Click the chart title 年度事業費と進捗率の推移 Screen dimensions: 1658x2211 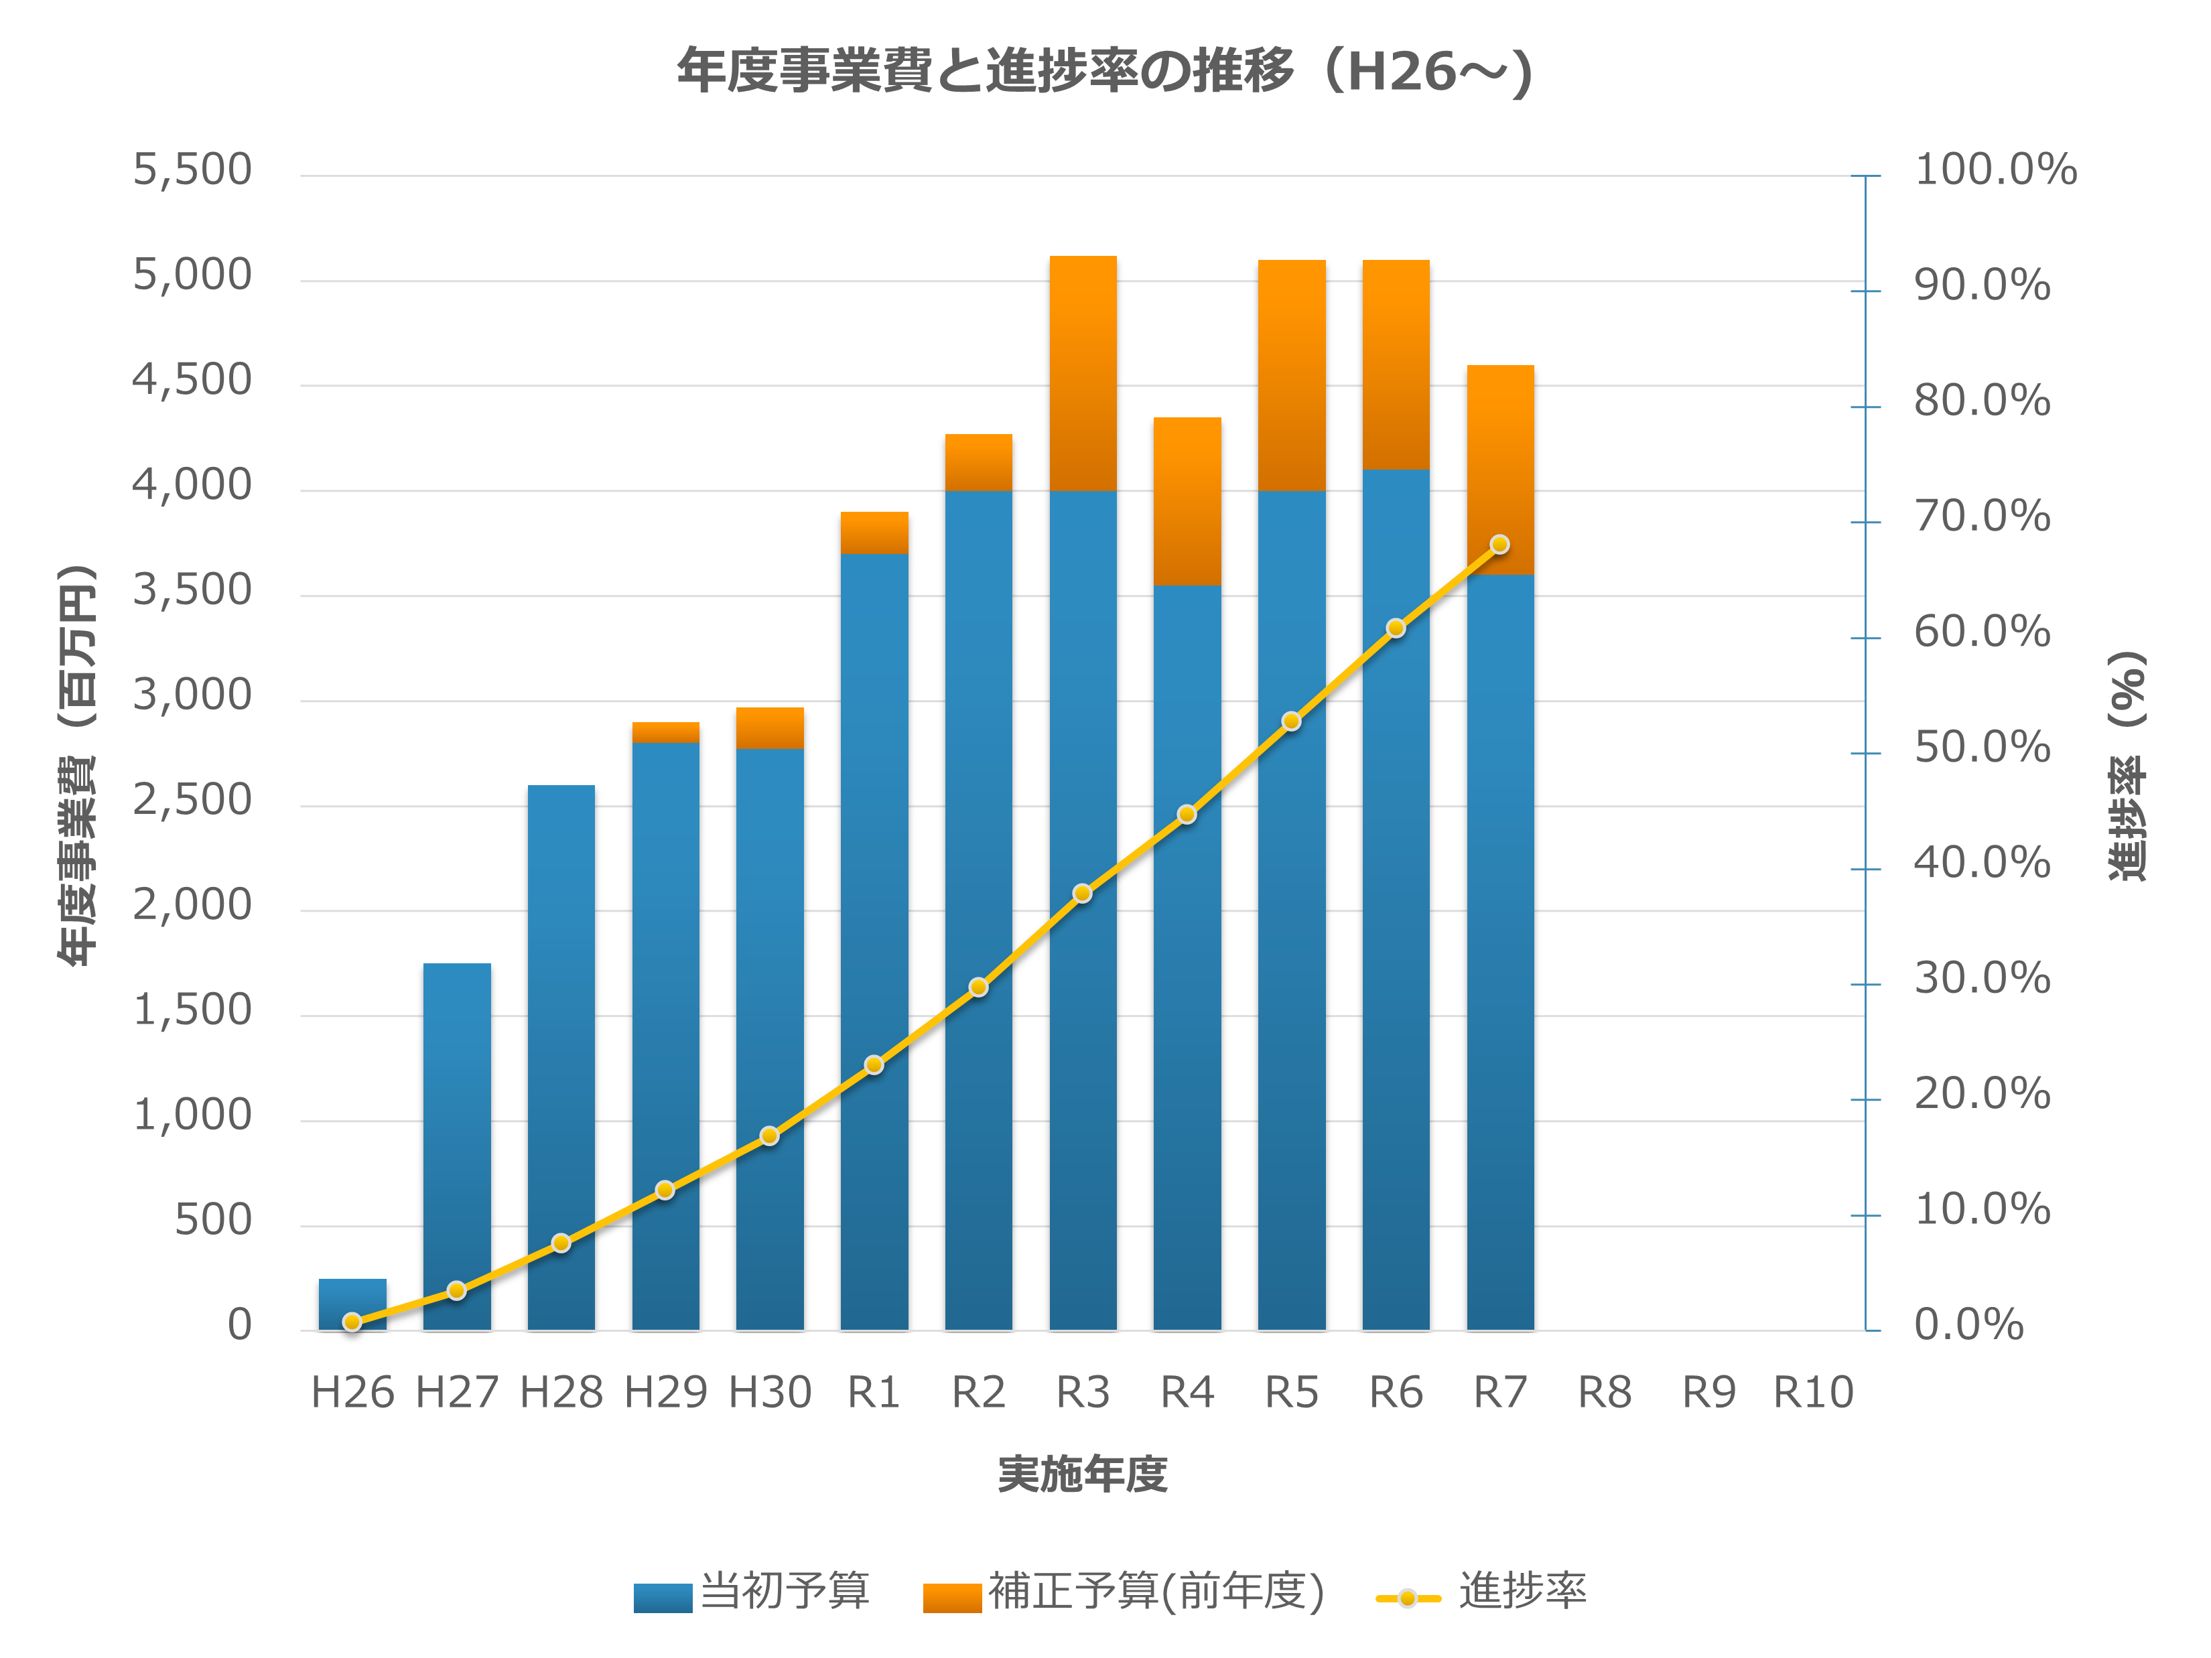1105,72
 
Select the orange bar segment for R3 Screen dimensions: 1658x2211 1083,372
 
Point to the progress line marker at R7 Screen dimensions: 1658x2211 1499,545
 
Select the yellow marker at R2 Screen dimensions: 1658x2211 979,987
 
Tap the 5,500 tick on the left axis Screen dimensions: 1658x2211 192,170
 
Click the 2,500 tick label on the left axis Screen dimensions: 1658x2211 192,801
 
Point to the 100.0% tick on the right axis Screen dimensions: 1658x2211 1994,170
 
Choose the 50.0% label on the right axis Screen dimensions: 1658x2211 1981,748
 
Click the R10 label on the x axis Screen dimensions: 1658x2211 1813,1392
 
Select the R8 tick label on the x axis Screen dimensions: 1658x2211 1604,1392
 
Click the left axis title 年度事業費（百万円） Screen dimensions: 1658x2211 78,766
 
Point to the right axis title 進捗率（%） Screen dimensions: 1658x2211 2127,766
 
